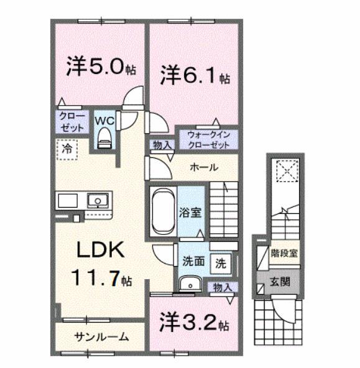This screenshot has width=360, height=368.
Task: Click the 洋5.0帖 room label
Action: click(101, 67)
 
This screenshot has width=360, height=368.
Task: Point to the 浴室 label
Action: click(191, 212)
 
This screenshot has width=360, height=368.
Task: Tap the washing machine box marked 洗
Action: click(220, 262)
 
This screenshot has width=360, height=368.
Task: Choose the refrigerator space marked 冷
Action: click(65, 149)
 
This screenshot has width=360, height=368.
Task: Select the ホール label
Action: click(203, 167)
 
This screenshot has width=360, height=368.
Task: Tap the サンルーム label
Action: click(102, 337)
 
